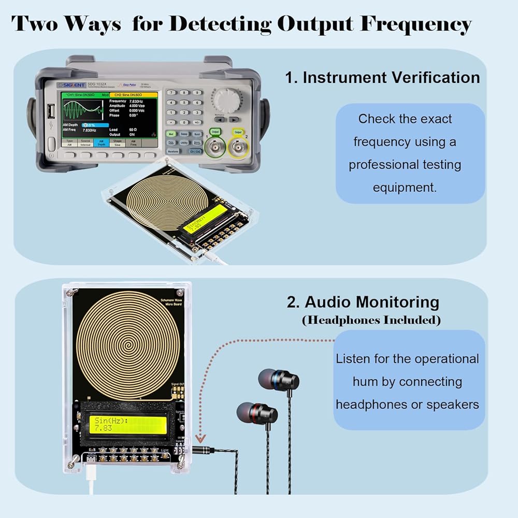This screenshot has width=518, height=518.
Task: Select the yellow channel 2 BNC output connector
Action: pyautogui.click(x=239, y=149)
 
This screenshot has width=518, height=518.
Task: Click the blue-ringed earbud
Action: pyautogui.click(x=280, y=381)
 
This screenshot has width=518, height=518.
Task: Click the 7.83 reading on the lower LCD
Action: pyautogui.click(x=103, y=429)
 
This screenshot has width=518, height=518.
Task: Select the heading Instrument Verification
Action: pyautogui.click(x=382, y=78)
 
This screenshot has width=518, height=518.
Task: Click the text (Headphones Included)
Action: pyautogui.click(x=371, y=320)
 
